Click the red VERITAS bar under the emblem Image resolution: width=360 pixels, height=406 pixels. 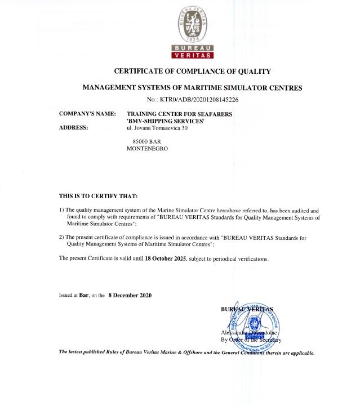click(x=193, y=56)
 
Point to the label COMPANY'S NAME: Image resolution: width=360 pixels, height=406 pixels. click(x=87, y=114)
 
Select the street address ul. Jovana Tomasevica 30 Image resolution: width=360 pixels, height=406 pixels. click(x=157, y=128)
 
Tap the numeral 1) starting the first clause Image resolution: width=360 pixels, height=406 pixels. click(x=62, y=209)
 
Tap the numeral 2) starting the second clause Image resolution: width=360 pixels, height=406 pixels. click(x=62, y=237)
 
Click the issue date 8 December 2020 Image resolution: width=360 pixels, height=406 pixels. click(x=130, y=295)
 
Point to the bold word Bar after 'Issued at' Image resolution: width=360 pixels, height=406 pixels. click(x=85, y=295)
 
